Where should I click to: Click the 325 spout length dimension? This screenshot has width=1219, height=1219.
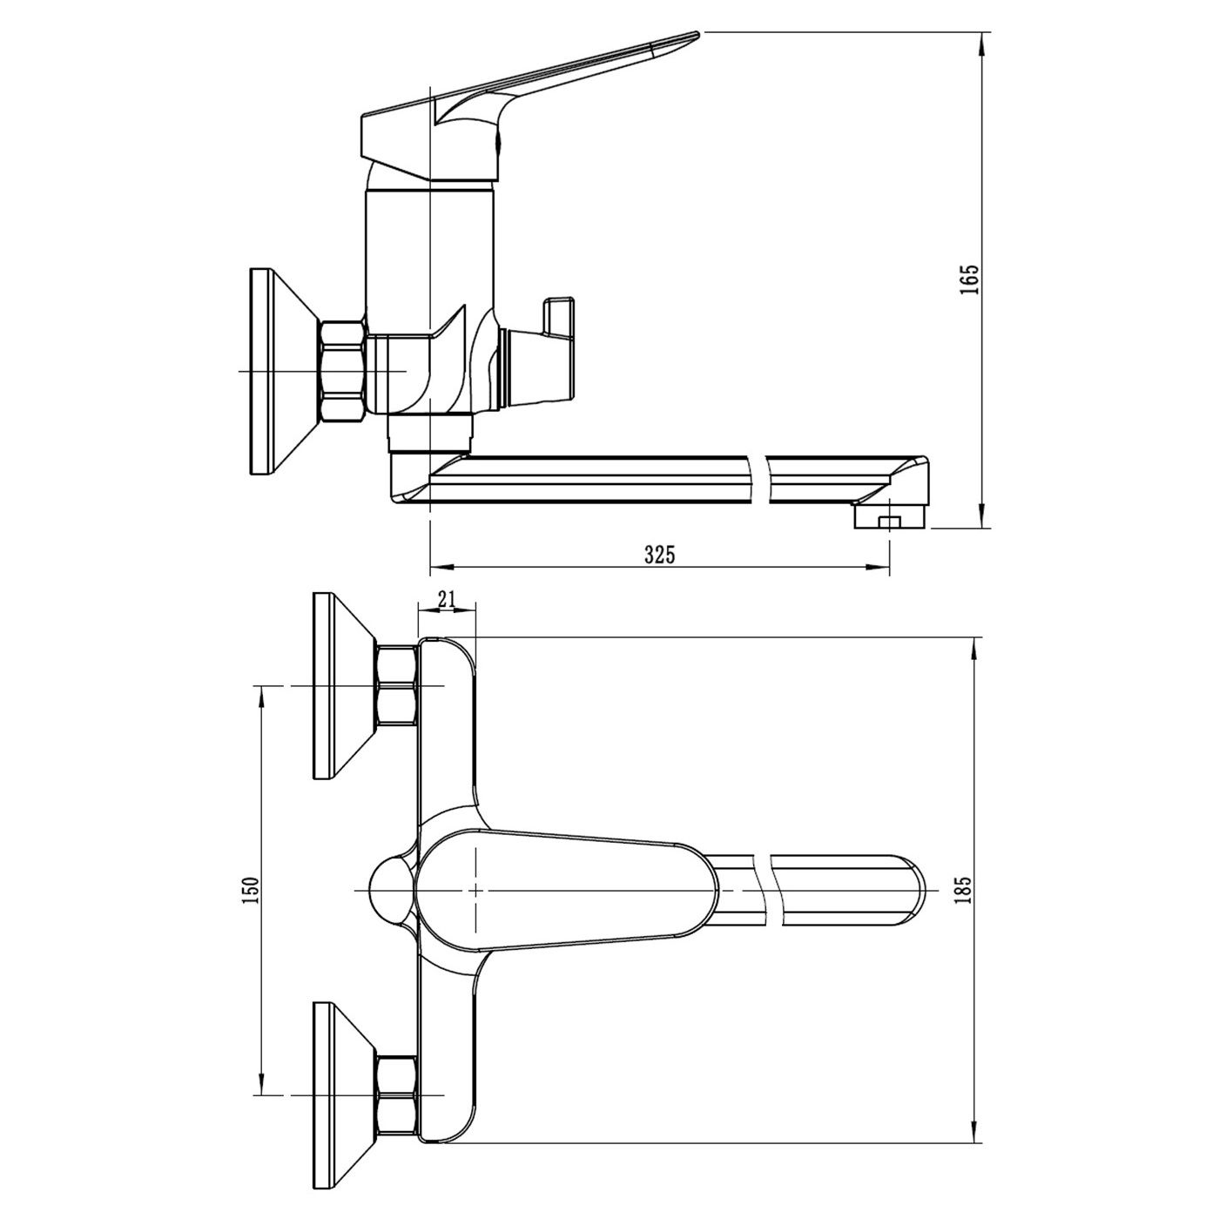[660, 555]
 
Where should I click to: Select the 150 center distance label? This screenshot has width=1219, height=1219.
[251, 890]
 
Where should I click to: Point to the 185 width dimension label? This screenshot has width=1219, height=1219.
[964, 890]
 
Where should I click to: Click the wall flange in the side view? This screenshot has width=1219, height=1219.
[285, 371]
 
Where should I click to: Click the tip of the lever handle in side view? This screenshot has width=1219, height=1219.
[697, 34]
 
